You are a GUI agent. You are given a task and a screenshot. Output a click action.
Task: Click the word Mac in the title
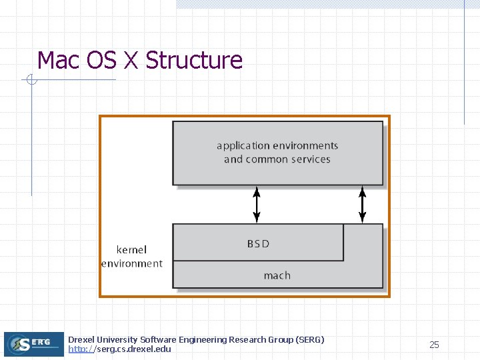(59, 61)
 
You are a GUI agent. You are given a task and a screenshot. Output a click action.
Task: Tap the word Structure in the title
(194, 61)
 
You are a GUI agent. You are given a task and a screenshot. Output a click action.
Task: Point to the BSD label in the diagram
(258, 244)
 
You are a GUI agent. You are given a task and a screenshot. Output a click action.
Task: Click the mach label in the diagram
(277, 275)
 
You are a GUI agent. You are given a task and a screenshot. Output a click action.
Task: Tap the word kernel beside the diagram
(132, 250)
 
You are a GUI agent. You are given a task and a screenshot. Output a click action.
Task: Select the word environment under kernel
(131, 263)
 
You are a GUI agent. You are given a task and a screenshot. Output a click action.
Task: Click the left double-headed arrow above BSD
(257, 204)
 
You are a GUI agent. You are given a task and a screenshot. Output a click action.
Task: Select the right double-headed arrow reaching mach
(362, 204)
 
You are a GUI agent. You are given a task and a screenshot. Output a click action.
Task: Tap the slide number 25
(434, 345)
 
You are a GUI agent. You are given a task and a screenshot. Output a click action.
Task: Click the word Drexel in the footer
(81, 339)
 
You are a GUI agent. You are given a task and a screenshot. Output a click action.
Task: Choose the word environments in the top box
(307, 146)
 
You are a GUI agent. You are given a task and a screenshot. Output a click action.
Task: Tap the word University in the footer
(119, 339)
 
